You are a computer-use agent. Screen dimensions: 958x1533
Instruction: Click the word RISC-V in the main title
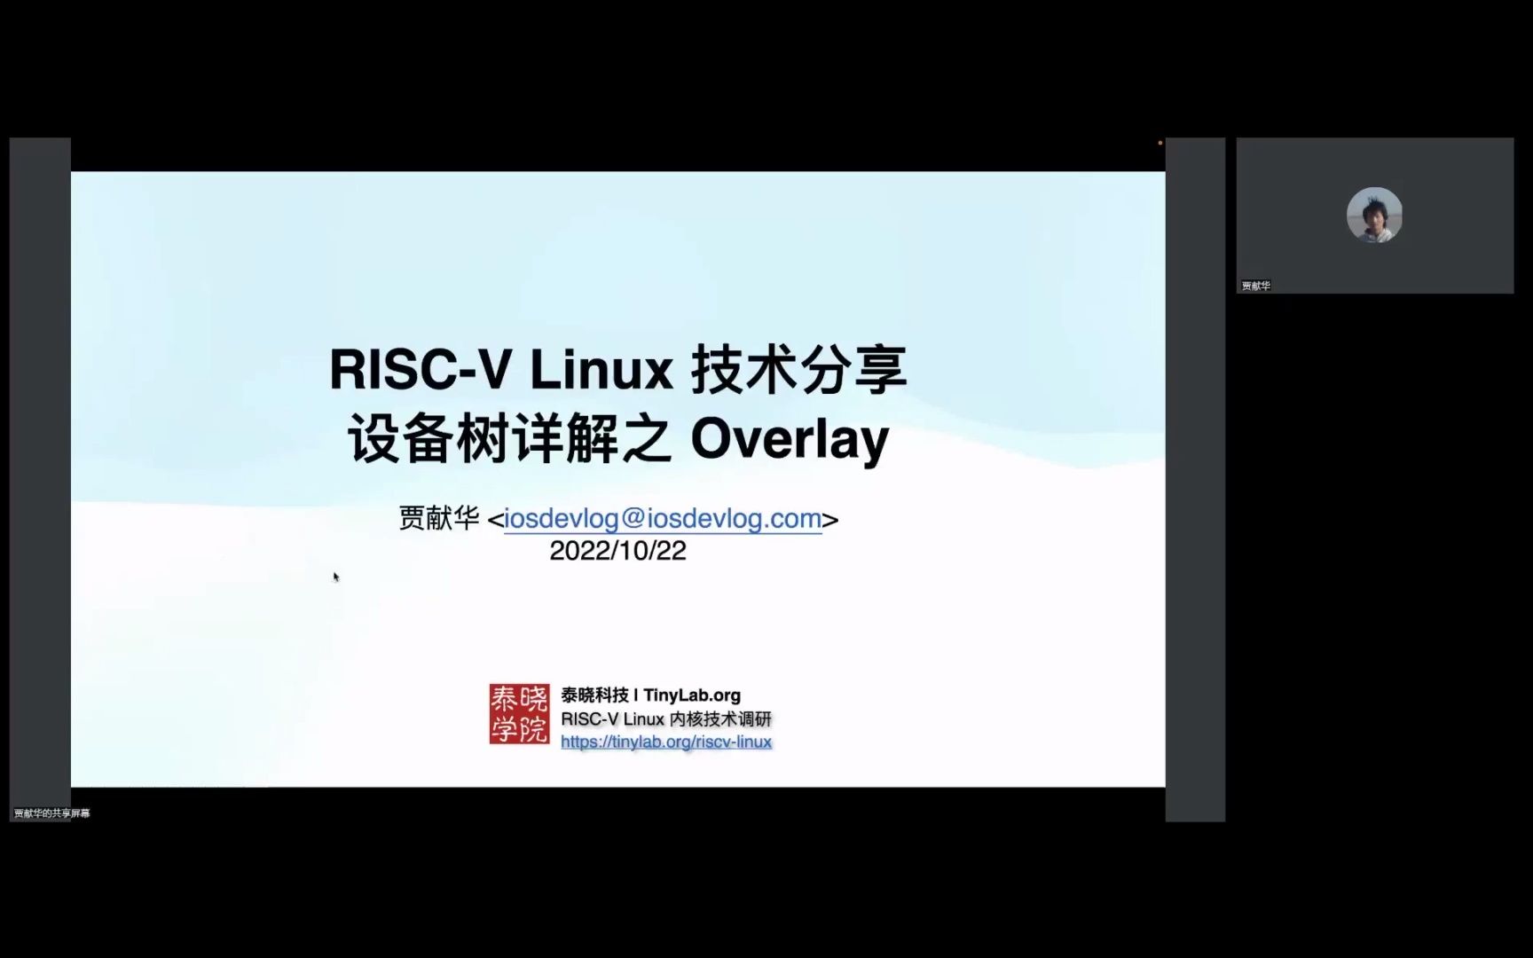tap(419, 369)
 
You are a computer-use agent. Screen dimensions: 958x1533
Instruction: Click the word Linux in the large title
tap(601, 369)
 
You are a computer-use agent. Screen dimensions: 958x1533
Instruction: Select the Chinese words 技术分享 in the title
tap(798, 369)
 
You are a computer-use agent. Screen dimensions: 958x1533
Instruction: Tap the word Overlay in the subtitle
tap(789, 439)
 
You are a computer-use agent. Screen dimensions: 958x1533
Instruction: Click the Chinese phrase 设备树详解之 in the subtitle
tap(509, 439)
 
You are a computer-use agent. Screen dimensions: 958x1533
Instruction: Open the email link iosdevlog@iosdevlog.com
tap(663, 518)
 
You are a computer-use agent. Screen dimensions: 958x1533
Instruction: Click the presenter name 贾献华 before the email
tap(438, 518)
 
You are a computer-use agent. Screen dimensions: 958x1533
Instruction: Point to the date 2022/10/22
tap(617, 551)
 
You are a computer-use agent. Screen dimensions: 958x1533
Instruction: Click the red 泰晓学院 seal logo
tap(519, 713)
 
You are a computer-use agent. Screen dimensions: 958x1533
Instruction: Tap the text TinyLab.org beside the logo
tap(692, 695)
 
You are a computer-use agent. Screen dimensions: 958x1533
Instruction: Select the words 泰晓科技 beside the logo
tap(594, 695)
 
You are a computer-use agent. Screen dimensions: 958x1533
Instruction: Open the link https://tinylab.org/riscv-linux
tap(666, 742)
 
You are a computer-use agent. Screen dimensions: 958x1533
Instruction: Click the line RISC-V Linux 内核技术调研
tap(666, 718)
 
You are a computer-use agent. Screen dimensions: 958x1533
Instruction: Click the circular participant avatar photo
tap(1374, 215)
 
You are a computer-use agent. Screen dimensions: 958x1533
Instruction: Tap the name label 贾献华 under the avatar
tap(1255, 286)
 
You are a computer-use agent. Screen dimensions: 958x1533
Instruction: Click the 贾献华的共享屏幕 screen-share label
tap(51, 813)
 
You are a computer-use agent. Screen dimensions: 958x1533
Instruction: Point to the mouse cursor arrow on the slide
tap(336, 577)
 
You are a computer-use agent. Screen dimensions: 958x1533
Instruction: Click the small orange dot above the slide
tap(1160, 143)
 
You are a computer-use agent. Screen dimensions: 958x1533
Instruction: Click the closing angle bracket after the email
tap(830, 519)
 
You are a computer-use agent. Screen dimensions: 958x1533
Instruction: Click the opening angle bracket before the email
tap(495, 519)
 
